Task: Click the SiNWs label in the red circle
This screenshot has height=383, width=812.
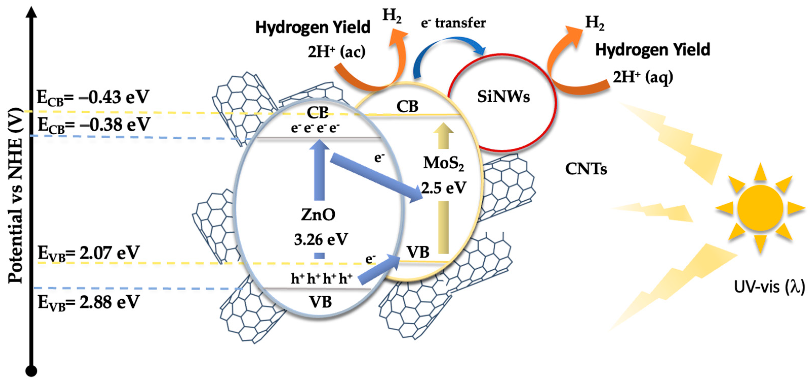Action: pyautogui.click(x=503, y=97)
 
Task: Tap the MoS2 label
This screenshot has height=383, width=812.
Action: pyautogui.click(x=443, y=164)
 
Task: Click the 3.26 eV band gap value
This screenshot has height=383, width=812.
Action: pyautogui.click(x=321, y=240)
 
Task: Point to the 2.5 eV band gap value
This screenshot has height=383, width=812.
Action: pyautogui.click(x=443, y=188)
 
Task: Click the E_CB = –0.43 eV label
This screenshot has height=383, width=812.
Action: pyautogui.click(x=93, y=97)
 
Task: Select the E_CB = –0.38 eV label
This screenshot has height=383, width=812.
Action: pyautogui.click(x=94, y=125)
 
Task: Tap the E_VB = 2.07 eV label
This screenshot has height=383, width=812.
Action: pyautogui.click(x=89, y=253)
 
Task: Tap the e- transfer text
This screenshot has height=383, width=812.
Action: pyautogui.click(x=453, y=23)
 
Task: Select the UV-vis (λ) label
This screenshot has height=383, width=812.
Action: pyautogui.click(x=769, y=287)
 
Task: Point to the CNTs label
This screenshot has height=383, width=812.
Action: pyautogui.click(x=586, y=169)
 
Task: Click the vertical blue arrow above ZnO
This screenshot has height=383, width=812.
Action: pyautogui.click(x=319, y=170)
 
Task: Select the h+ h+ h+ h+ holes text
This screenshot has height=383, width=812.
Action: pyautogui.click(x=321, y=279)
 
